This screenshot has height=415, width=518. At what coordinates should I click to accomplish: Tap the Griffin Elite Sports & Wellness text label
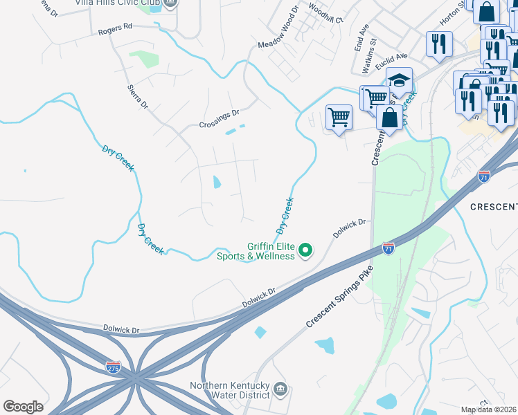click(x=271, y=250)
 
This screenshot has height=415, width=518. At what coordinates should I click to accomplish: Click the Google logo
click(x=23, y=407)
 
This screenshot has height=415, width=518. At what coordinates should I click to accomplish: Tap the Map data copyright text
click(x=489, y=409)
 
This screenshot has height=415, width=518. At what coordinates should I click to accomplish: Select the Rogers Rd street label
click(x=114, y=30)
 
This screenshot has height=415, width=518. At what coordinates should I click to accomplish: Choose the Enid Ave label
click(x=362, y=38)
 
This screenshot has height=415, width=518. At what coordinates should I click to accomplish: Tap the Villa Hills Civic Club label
click(x=115, y=3)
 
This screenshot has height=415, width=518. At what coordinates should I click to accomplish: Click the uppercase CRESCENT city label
click(x=494, y=207)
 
